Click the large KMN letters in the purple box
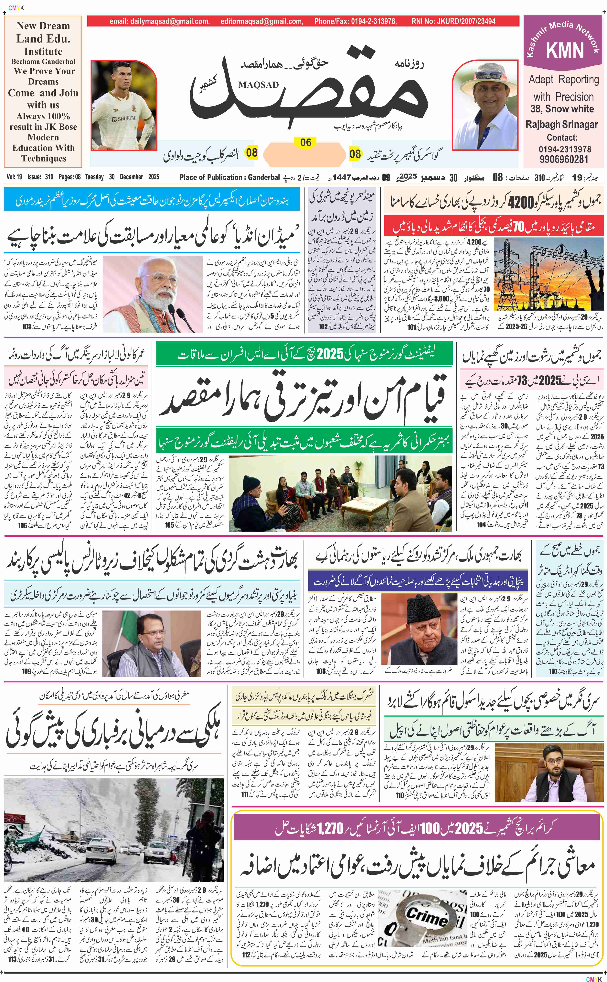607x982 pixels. tap(564, 51)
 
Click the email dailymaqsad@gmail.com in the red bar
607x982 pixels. tap(159, 21)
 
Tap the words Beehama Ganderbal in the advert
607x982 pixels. tap(43, 61)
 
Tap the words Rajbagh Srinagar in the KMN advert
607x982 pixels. tap(562, 125)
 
